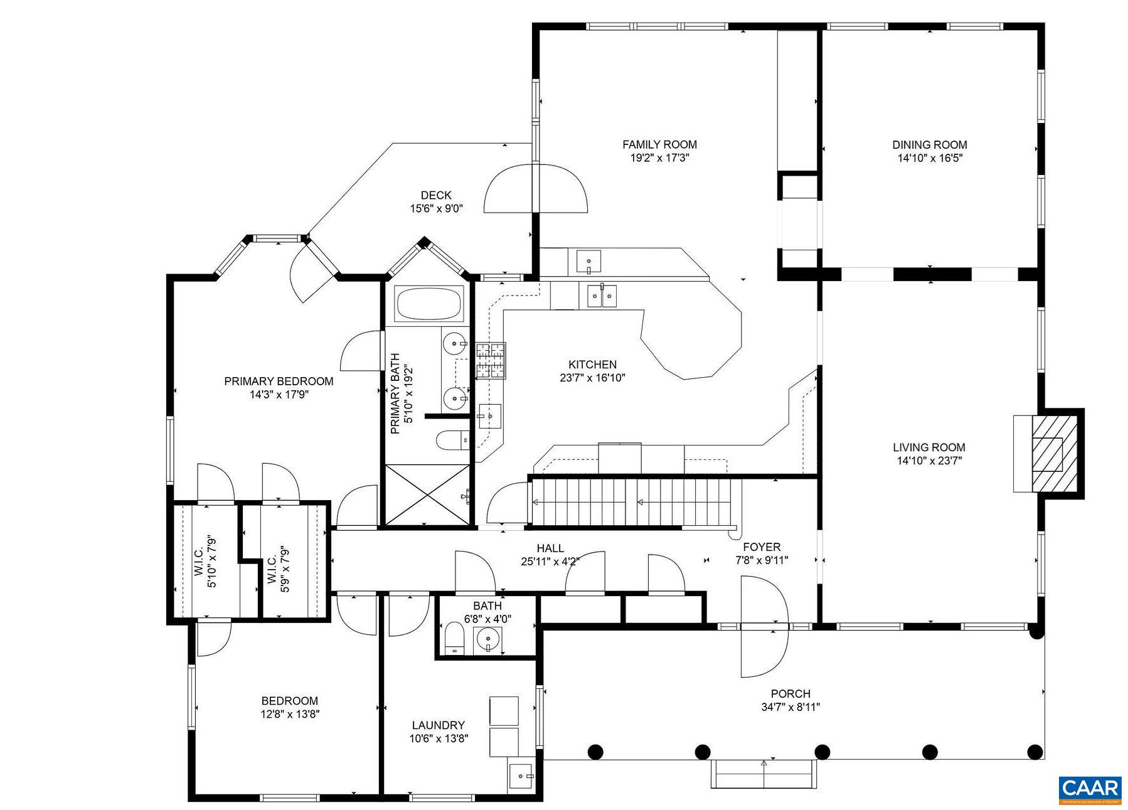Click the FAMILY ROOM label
(659, 144)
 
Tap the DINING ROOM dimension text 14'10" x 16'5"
(930, 158)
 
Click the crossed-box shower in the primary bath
(427, 494)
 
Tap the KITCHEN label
(592, 365)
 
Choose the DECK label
(436, 196)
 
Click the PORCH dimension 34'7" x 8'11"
(790, 707)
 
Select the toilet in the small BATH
(454, 638)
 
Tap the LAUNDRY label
(439, 725)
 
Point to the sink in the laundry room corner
(521, 776)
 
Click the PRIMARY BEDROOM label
(279, 381)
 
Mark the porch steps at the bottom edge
(764, 774)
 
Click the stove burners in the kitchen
(491, 361)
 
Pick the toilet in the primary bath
(452, 440)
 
